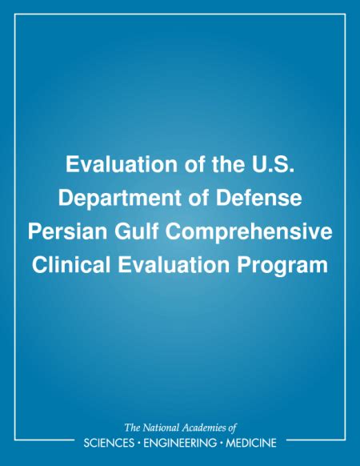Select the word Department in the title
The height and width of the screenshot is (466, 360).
[x=119, y=199]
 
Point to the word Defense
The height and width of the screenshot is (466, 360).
[x=258, y=198]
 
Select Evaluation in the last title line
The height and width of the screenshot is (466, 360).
[x=174, y=265]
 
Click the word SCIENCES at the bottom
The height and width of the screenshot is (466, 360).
[x=109, y=443]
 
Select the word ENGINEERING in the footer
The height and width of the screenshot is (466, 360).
[x=180, y=443]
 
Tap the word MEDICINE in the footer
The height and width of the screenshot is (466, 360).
[x=251, y=443]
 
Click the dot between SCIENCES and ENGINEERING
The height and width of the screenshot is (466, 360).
[x=138, y=443]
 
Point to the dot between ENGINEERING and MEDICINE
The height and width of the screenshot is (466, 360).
[x=222, y=443]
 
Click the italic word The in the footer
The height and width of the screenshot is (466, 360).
[x=132, y=428]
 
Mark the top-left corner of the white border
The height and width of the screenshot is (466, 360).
[x=14, y=14]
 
